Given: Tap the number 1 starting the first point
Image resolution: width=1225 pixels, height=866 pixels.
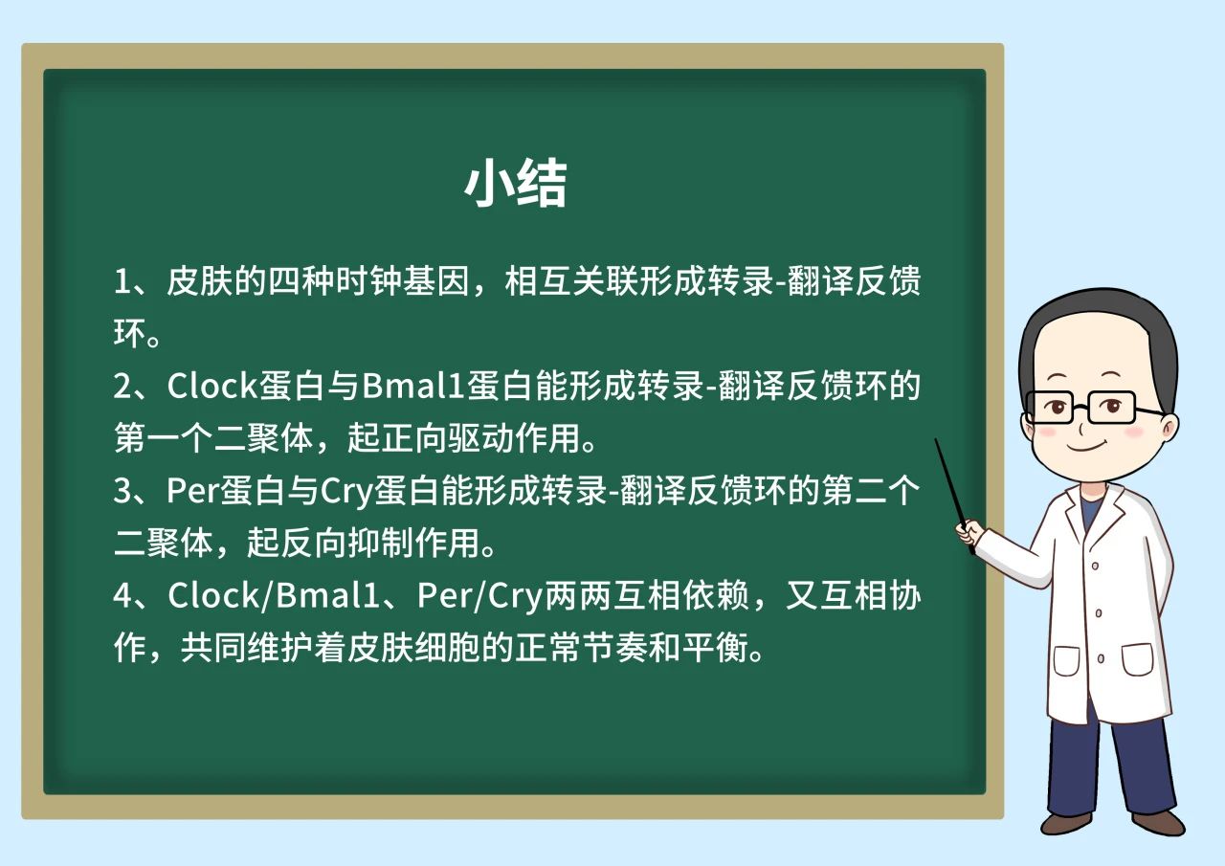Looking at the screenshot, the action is pos(122,282).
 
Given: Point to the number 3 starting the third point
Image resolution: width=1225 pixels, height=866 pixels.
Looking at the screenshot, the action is pos(122,491).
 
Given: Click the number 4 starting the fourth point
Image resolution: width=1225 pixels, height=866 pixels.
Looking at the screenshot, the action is pos(122,596).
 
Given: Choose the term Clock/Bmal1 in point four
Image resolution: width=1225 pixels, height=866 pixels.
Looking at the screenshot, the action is pos(274,595).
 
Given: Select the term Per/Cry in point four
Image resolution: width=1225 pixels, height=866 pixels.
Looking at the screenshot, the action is pos(479,596).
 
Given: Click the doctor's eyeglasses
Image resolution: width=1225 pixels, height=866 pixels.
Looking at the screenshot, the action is pos(1094,408).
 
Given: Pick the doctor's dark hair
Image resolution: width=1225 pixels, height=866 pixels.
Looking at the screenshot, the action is pos(1094,328).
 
